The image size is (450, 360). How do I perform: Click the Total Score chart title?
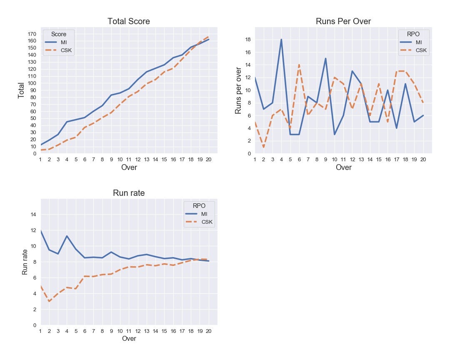tap(129, 21)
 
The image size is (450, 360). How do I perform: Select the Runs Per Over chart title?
tap(343, 21)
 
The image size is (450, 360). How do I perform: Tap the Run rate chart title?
tap(129, 193)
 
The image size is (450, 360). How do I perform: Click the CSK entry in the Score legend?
tap(67, 50)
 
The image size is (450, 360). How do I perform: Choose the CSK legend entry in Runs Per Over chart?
tap(421, 50)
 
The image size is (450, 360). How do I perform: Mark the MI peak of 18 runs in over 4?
tap(282, 40)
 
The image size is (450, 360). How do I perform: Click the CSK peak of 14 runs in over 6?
tap(299, 65)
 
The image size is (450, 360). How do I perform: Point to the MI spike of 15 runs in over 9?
tap(325, 58)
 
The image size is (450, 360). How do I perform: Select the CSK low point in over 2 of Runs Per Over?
tap(264, 147)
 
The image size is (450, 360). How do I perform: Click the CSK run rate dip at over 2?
tap(49, 301)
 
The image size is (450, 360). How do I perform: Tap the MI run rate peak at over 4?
tap(67, 236)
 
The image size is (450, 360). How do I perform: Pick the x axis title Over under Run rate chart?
tap(129, 338)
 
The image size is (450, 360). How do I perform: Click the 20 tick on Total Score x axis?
tap(208, 159)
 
